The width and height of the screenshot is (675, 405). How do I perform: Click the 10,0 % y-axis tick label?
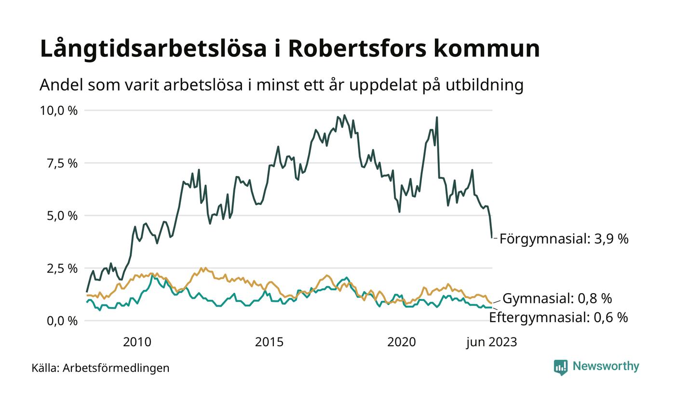coord(58,110)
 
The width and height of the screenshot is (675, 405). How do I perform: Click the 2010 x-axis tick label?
coord(137,342)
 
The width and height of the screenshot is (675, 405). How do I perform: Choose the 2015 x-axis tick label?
coord(269,342)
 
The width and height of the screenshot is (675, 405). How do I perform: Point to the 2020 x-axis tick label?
coord(402,342)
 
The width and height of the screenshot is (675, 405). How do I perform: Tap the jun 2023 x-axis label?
coord(491,342)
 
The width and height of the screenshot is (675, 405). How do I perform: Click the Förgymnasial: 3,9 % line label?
coord(564,239)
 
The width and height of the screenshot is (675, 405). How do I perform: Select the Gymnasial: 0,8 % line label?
coord(557,298)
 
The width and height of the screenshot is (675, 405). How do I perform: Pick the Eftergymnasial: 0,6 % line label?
coord(558,317)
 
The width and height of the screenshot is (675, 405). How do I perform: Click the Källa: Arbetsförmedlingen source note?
coord(100,368)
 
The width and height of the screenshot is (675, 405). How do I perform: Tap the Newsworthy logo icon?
coord(561,367)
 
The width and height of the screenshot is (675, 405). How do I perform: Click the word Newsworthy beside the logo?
coord(606,366)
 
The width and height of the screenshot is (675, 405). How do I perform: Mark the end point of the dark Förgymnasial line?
coord(492,237)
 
